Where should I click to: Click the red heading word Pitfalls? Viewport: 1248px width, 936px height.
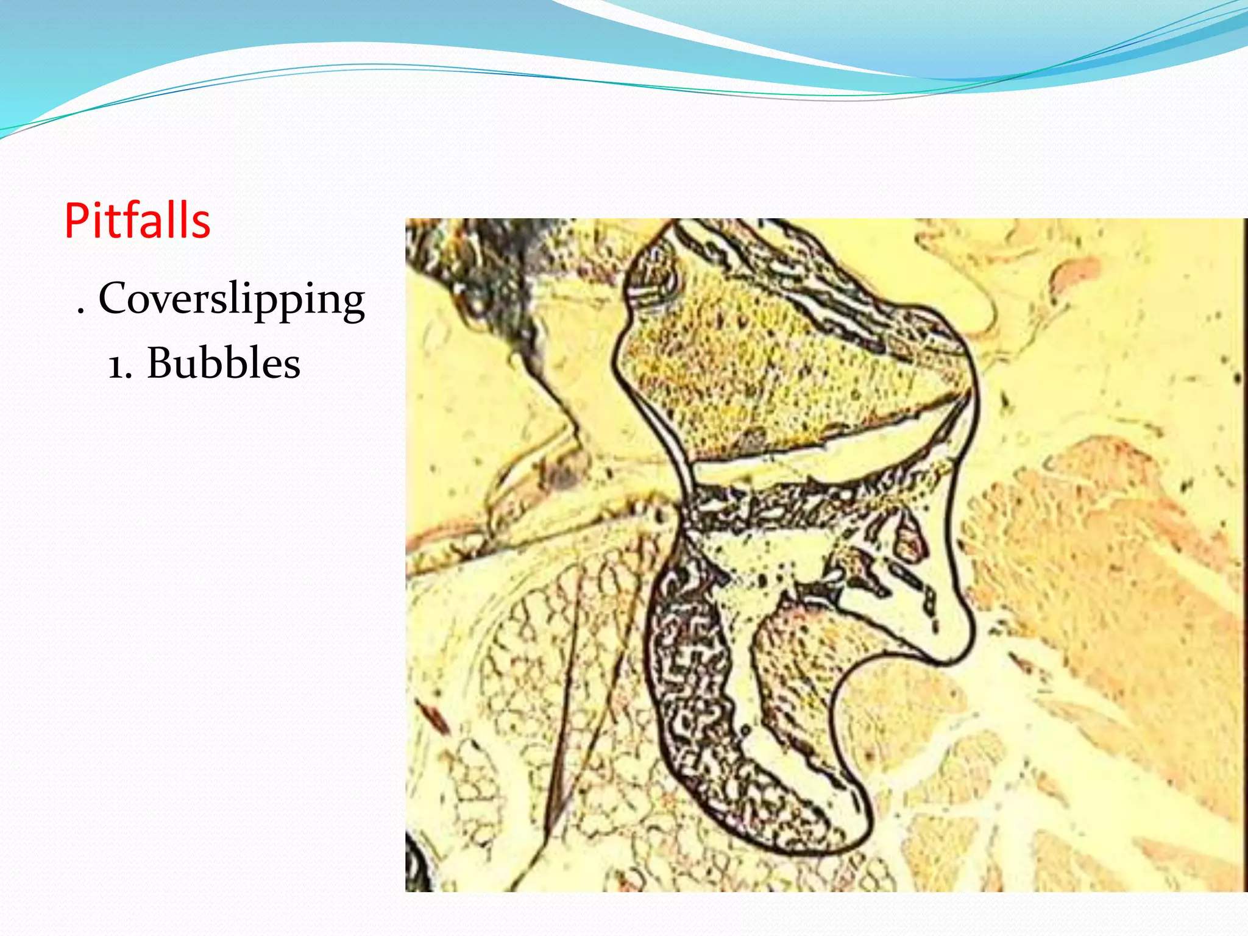click(x=137, y=220)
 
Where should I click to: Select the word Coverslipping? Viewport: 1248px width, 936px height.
click(x=232, y=300)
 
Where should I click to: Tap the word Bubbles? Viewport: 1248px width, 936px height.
click(x=223, y=363)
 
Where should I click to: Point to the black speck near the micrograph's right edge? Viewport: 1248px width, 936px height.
click(x=1237, y=378)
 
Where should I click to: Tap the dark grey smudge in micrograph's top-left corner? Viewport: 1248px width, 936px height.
click(x=487, y=262)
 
